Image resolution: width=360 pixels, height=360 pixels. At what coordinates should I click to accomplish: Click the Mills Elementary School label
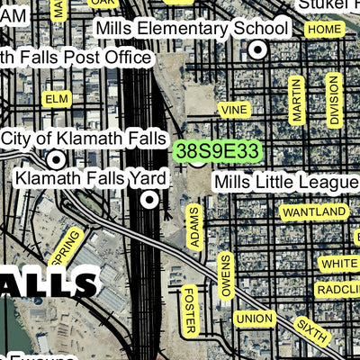[192, 29]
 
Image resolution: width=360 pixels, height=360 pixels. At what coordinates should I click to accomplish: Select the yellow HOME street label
[324, 30]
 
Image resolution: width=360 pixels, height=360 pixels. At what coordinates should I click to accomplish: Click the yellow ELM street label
[56, 96]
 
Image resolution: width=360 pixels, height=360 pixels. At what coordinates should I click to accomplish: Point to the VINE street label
[234, 109]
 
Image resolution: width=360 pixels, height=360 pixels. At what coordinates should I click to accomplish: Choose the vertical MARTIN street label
[297, 99]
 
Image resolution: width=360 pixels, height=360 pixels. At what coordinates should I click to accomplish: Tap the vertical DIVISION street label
[335, 99]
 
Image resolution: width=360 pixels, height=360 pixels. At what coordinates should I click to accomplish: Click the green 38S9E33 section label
[218, 149]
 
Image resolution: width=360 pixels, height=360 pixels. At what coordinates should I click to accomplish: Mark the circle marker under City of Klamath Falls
[57, 159]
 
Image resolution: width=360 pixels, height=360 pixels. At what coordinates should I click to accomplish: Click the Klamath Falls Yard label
[90, 177]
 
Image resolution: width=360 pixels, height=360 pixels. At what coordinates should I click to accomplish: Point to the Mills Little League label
[286, 183]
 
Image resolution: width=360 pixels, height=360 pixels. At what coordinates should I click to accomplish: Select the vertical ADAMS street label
[193, 227]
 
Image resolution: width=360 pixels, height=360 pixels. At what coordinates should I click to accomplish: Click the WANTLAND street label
[313, 211]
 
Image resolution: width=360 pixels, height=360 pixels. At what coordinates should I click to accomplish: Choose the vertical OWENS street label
[226, 275]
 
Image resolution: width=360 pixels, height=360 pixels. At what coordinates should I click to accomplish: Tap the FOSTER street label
[189, 310]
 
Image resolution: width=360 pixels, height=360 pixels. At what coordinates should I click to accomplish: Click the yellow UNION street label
[254, 319]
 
